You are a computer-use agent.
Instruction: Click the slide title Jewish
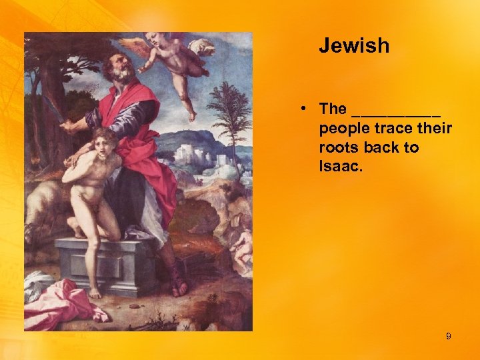click(353, 46)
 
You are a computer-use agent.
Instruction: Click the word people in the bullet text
click(343, 128)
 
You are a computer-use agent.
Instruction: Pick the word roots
click(339, 147)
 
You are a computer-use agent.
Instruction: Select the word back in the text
click(383, 147)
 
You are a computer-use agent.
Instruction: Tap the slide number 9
click(448, 337)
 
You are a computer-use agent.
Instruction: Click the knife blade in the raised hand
click(51, 107)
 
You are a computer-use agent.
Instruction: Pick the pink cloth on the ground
click(63, 303)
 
